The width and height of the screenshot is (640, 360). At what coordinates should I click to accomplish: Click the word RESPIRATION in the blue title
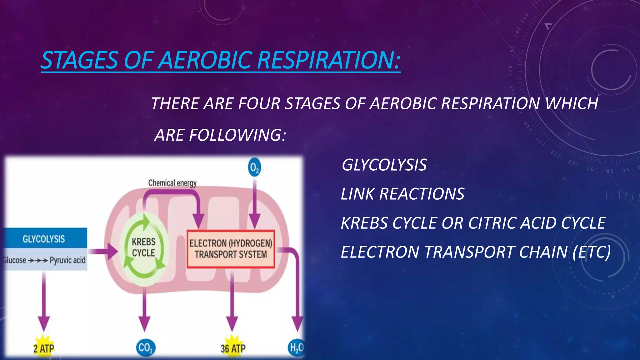pyautogui.click(x=328, y=60)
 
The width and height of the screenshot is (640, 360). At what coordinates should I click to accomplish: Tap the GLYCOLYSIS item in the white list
pyautogui.click(x=384, y=165)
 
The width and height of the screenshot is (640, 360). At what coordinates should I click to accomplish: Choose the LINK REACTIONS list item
pyautogui.click(x=402, y=194)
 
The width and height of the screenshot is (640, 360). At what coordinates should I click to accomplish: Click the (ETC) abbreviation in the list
pyautogui.click(x=592, y=252)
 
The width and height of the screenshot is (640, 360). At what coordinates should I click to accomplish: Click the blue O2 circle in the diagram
pyautogui.click(x=254, y=168)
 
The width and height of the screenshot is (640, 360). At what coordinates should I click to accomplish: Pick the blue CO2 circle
pyautogui.click(x=146, y=347)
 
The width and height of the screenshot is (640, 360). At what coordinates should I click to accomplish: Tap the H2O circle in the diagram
pyautogui.click(x=296, y=347)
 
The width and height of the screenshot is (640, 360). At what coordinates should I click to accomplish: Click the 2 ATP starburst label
pyautogui.click(x=44, y=348)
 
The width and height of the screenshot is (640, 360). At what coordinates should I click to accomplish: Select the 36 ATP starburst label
pyautogui.click(x=233, y=348)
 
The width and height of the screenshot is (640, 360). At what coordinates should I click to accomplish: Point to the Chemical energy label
pyautogui.click(x=172, y=183)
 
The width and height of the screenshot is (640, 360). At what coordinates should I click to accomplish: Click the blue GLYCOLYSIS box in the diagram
pyautogui.click(x=44, y=239)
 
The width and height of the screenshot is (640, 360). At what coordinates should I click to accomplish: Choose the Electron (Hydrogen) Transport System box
pyautogui.click(x=231, y=249)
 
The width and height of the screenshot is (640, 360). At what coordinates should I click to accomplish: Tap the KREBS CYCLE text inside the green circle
pyautogui.click(x=143, y=247)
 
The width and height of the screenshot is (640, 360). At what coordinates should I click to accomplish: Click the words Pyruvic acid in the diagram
pyautogui.click(x=67, y=260)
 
